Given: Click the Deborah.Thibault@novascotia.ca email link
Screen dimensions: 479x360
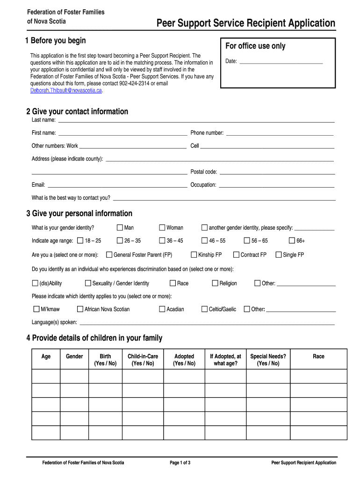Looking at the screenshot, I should [66, 90].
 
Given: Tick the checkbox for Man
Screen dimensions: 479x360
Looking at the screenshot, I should [120, 228].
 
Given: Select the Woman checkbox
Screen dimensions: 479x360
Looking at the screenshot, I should [162, 228].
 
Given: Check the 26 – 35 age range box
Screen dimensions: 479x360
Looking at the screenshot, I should [120, 241].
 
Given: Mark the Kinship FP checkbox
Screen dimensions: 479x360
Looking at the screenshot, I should [194, 255].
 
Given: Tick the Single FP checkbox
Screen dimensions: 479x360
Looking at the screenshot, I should [279, 255].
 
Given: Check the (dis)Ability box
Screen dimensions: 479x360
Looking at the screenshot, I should [35, 283].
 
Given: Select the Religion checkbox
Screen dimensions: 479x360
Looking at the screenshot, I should [215, 283].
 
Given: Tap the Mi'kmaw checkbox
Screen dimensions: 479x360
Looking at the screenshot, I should [36, 309].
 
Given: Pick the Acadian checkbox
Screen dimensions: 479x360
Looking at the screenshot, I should [162, 309].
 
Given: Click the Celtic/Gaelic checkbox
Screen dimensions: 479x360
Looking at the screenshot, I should [204, 309].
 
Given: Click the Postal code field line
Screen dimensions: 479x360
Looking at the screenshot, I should [277, 174].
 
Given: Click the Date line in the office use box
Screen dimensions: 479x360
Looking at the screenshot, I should [281, 62].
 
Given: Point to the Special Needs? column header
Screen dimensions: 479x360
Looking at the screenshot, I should [268, 360].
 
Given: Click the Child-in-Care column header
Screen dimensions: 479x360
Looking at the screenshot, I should [143, 360].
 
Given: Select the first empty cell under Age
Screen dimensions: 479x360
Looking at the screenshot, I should [46, 376].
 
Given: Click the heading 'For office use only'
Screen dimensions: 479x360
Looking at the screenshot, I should [255, 46].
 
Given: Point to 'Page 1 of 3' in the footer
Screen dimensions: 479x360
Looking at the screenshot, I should [180, 463].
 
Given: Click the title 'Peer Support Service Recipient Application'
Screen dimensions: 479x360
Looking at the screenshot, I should [245, 23].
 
